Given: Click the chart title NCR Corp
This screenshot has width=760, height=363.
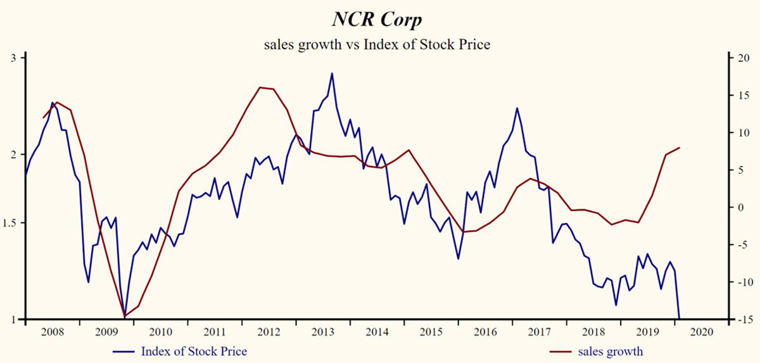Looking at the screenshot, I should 377,20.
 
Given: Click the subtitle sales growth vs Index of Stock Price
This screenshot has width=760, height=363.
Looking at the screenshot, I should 377,45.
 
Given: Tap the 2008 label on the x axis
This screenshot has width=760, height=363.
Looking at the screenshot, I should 53,331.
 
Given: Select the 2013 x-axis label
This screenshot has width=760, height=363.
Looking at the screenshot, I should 323,331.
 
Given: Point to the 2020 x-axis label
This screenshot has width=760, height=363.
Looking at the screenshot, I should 700,331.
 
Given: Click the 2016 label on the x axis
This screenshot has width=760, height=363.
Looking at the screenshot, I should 484,331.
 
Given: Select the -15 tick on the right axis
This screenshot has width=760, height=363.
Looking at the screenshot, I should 741,319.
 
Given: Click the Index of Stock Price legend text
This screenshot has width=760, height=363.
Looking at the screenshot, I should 194,352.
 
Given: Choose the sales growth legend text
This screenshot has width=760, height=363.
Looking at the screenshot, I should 610,352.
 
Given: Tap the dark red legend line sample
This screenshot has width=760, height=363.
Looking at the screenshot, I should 560,352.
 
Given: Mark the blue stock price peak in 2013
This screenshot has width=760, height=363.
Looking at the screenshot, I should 332,73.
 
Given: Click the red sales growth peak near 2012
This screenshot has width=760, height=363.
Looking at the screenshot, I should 261,87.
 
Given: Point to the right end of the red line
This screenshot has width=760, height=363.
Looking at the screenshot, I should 680,148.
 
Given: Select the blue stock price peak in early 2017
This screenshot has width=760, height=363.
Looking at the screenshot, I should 517,108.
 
